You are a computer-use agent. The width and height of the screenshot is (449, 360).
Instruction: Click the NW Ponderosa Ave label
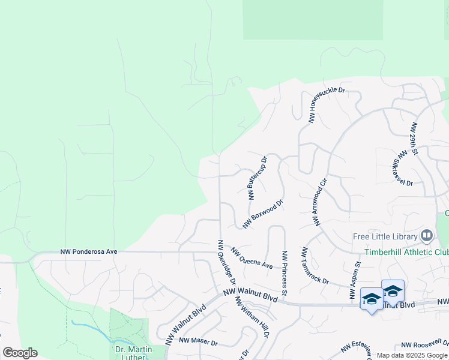pyautogui.click(x=89, y=252)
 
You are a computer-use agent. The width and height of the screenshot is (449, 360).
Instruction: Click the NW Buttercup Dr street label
pyautogui.click(x=258, y=178)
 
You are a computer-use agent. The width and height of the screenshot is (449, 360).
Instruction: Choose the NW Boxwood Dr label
pyautogui.click(x=262, y=214)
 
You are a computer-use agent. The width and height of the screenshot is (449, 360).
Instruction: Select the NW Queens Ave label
pyautogui.click(x=252, y=259)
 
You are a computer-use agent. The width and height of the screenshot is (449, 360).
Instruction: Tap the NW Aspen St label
pyautogui.click(x=355, y=281)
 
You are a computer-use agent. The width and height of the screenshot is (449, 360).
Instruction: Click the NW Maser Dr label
pyautogui.click(x=198, y=341)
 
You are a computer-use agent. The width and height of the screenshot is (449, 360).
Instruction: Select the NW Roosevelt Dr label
pyautogui.click(x=424, y=345)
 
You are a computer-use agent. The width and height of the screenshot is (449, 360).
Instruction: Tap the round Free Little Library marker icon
pyautogui.click(x=427, y=235)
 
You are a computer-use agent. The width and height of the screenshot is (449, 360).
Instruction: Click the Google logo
pyautogui.click(x=20, y=353)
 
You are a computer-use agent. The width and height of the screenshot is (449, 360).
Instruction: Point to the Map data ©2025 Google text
pyautogui.click(x=412, y=355)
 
